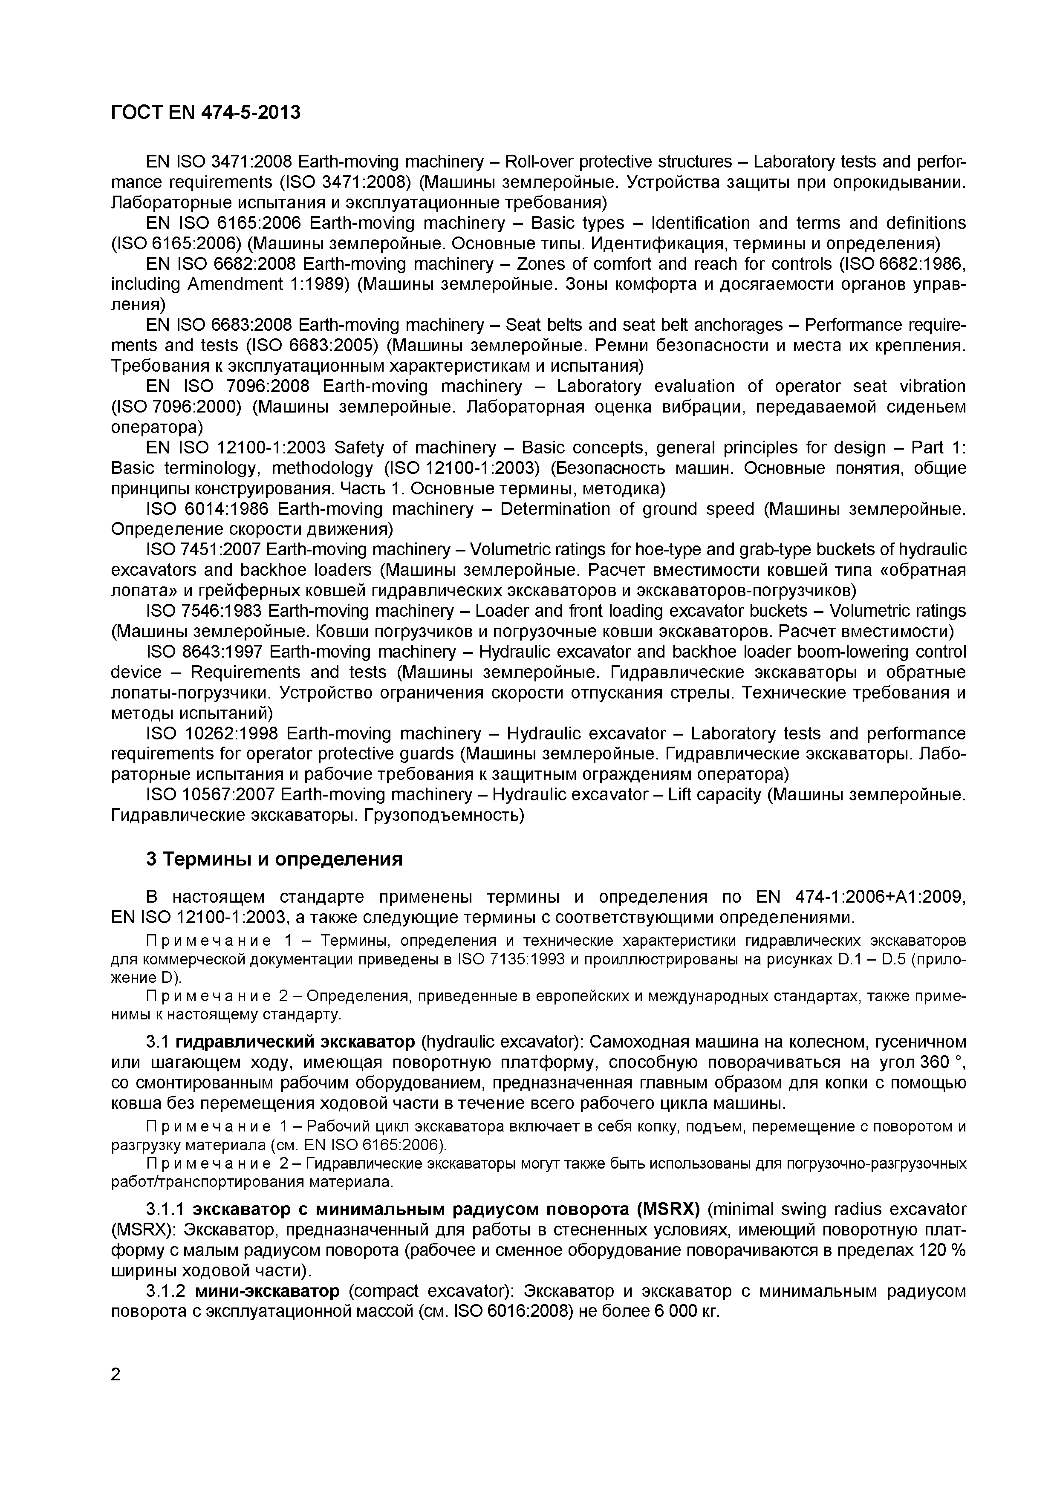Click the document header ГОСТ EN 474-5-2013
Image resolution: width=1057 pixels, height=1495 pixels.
(x=206, y=113)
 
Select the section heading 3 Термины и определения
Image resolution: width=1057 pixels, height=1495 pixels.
(x=274, y=860)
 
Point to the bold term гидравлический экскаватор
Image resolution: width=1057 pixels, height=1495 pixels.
(x=295, y=1042)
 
